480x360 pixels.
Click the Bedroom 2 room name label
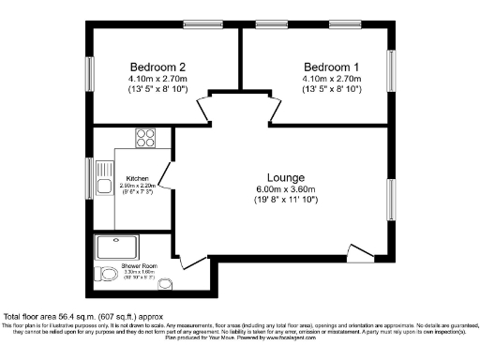[x=157, y=67]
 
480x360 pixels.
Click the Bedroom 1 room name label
[x=331, y=67]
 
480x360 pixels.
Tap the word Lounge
[x=286, y=177]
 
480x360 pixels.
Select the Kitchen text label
[x=138, y=178]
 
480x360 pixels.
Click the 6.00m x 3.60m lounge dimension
[x=286, y=189]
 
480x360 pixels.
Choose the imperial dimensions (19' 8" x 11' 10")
[x=286, y=202]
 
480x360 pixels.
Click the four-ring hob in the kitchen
[x=146, y=138]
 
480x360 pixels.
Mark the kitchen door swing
[x=165, y=174]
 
